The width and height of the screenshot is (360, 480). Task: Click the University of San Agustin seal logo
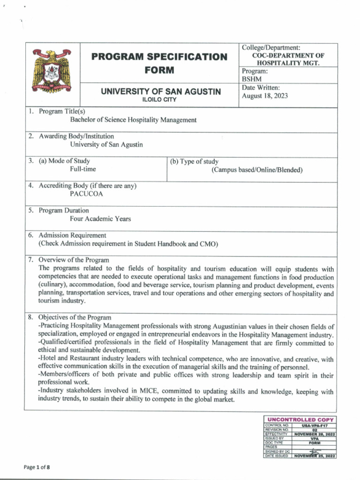click(x=52, y=71)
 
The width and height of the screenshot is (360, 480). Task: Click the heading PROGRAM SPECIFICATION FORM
click(x=159, y=63)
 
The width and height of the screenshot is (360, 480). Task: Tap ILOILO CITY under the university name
click(x=159, y=100)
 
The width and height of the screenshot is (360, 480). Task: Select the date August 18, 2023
click(x=265, y=96)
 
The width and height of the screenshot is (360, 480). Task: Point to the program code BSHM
click(x=251, y=79)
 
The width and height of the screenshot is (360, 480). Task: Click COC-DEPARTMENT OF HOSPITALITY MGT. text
click(x=288, y=59)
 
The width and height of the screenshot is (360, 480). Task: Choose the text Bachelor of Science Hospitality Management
click(x=133, y=120)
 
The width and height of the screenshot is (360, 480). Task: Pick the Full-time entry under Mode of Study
click(x=83, y=169)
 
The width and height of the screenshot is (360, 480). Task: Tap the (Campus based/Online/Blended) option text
click(x=256, y=170)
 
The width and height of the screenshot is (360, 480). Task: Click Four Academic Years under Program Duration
click(x=100, y=218)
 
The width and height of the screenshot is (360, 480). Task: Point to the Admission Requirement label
click(x=72, y=235)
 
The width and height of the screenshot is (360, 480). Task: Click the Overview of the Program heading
click(x=74, y=260)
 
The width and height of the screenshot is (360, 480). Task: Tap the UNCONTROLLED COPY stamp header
click(x=300, y=420)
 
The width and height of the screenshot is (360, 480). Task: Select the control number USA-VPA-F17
click(x=314, y=425)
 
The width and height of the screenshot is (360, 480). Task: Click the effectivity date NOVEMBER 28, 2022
click(x=314, y=434)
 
